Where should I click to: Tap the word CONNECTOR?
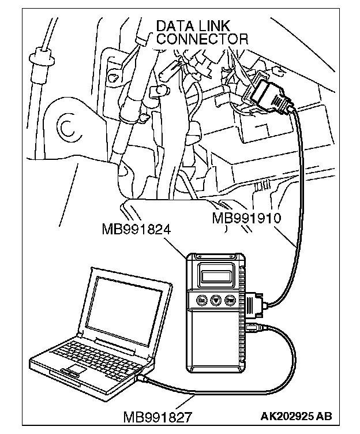click(x=202, y=39)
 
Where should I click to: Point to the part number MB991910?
click(x=246, y=218)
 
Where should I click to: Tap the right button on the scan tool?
click(x=230, y=301)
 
